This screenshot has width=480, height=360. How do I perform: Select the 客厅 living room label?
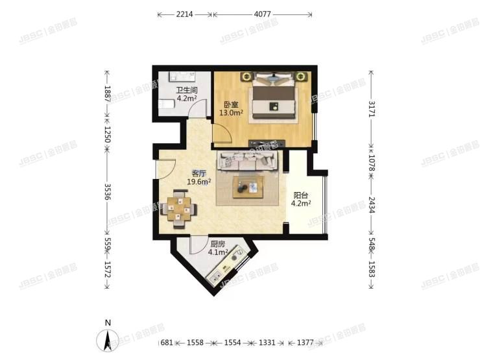[198, 173]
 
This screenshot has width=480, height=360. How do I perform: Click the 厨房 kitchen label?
[217, 245]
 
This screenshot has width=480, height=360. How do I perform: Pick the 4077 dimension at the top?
[263, 14]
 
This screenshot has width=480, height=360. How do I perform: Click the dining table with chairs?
[180, 209]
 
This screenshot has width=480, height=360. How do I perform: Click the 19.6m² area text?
[198, 182]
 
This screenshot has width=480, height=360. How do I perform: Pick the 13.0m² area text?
[231, 113]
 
